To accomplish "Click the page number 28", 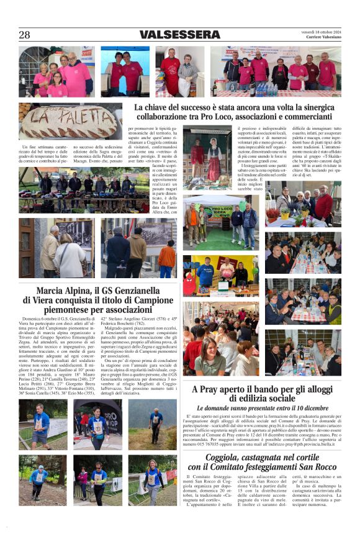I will point(24,35).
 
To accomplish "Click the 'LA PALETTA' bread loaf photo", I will point(70,121).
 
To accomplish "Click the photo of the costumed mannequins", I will point(207,158).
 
